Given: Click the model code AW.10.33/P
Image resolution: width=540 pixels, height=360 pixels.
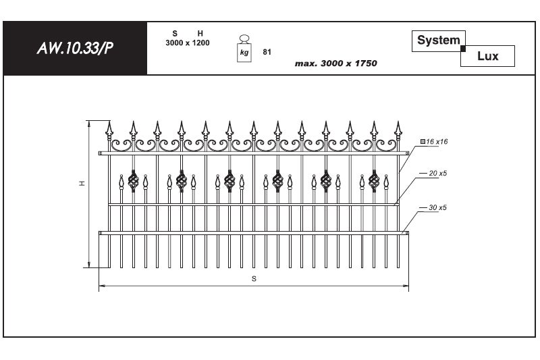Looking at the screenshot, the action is [75, 48].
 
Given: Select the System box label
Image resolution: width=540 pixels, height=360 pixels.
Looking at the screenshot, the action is [438, 41].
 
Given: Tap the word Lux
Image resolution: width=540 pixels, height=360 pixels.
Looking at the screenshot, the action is [487, 56].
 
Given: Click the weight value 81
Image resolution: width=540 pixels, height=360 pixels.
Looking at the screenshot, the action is [267, 52].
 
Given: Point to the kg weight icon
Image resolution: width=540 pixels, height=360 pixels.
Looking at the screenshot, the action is [244, 49].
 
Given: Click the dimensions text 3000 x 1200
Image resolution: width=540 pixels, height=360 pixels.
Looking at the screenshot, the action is [188, 43].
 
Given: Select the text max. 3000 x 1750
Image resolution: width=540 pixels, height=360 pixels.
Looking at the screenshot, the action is [335, 63].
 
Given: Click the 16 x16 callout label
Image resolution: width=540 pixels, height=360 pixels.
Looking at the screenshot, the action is [434, 142].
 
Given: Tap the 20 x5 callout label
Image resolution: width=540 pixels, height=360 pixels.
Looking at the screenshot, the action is [437, 174].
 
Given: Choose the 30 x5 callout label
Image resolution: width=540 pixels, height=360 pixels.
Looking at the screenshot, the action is [437, 207].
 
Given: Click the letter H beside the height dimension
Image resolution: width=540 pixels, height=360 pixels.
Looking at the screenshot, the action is [82, 183].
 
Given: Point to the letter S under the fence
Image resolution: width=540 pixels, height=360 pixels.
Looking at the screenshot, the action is [254, 279].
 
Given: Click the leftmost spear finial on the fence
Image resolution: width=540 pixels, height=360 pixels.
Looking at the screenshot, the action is [109, 130].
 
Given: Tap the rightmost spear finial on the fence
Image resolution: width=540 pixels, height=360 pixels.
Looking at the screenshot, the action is [398, 130].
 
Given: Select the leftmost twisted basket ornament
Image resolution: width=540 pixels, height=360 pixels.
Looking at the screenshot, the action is [133, 181].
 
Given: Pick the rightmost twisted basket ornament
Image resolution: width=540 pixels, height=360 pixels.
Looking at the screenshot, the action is [374, 181].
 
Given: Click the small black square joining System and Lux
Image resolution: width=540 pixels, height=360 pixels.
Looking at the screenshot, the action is [463, 49].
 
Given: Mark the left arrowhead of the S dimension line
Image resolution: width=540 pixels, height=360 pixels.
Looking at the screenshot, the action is [102, 286].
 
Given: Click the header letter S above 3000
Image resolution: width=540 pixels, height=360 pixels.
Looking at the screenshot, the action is [175, 33].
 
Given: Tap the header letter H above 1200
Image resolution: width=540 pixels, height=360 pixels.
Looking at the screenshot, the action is [200, 33].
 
